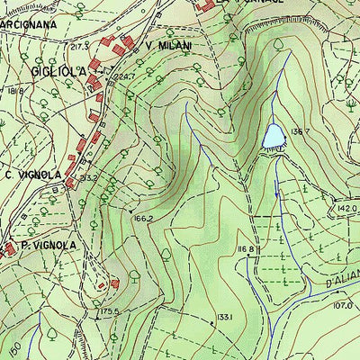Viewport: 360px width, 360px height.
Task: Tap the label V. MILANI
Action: click(x=169, y=44)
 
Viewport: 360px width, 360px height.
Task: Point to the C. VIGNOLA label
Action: click(x=33, y=174)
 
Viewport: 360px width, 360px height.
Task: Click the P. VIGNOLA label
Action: click(x=49, y=245)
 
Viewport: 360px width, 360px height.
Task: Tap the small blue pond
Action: click(x=274, y=136)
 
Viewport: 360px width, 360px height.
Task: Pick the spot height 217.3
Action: click(x=80, y=45)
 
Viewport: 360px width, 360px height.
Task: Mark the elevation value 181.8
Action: click(x=13, y=90)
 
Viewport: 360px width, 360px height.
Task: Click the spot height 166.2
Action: click(x=144, y=218)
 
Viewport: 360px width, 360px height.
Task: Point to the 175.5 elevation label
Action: click(x=110, y=311)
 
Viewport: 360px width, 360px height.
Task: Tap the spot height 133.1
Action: click(x=224, y=317)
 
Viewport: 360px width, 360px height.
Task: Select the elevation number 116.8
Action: click(x=248, y=249)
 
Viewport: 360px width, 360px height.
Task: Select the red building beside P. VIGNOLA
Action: click(x=8, y=247)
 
